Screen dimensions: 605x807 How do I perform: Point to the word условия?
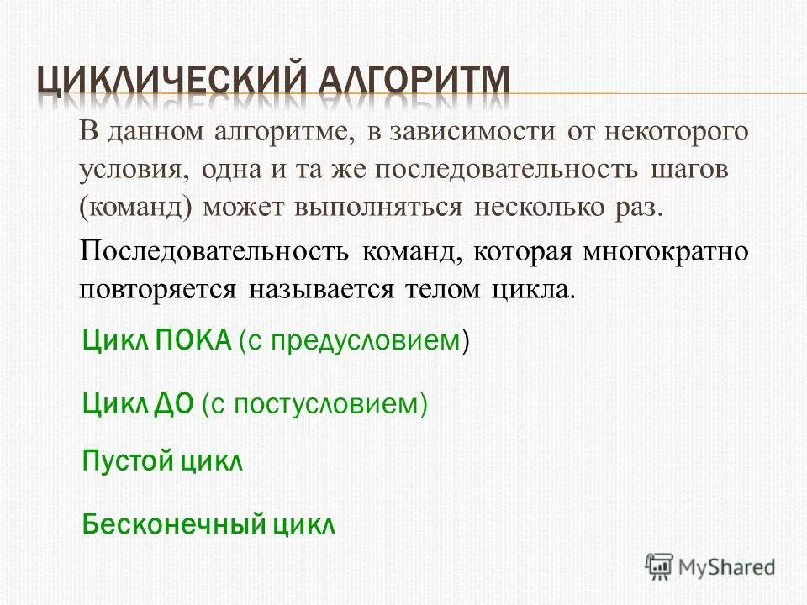click(132, 169)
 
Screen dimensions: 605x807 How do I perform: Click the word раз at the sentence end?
click(636, 207)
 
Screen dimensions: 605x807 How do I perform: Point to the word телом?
click(442, 290)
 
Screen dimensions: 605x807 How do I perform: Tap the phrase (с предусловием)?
click(354, 341)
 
